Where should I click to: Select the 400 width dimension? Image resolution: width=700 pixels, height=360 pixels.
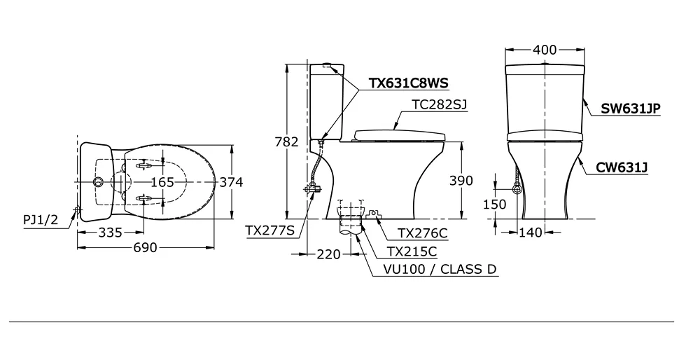click(545, 50)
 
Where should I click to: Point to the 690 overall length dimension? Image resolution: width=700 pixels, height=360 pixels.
click(146, 247)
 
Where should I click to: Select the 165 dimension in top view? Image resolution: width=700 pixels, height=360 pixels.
click(162, 182)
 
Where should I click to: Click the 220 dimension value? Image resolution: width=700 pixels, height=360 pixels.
click(328, 254)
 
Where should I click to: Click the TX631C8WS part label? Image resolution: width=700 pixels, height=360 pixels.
click(408, 83)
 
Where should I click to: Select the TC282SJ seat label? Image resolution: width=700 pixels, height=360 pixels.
click(439, 104)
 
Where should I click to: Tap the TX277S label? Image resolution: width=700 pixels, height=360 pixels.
click(270, 229)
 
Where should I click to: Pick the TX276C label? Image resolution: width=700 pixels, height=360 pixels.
click(423, 233)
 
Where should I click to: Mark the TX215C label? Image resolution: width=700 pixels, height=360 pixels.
click(412, 251)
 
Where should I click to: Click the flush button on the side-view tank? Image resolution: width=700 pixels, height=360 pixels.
click(327, 65)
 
